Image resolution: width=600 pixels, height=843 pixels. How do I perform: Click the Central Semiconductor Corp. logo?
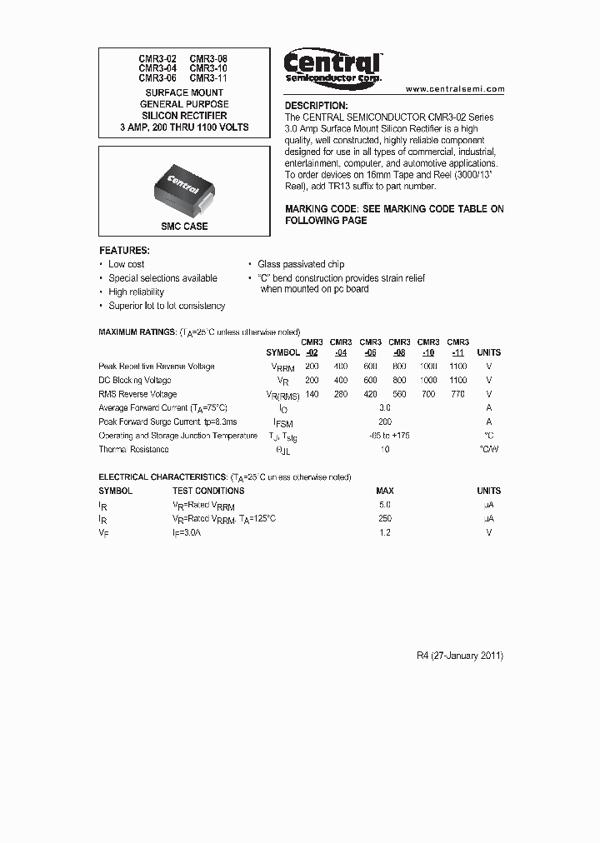click(332, 65)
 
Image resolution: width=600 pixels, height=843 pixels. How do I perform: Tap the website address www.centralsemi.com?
click(455, 88)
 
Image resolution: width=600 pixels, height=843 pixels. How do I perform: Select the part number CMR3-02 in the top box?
click(157, 59)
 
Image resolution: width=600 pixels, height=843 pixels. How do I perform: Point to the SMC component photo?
click(184, 184)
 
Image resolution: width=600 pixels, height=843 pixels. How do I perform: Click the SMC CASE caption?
click(184, 226)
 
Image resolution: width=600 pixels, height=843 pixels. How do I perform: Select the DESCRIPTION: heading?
click(316, 106)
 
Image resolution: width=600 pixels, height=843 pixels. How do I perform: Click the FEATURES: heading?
click(124, 250)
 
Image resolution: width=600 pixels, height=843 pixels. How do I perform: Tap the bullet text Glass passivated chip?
click(301, 264)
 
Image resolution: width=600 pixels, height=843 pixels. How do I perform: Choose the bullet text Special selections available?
click(162, 278)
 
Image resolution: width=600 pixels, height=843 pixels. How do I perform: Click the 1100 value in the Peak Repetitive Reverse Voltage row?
click(457, 367)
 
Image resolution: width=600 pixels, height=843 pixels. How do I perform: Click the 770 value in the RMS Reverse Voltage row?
click(457, 394)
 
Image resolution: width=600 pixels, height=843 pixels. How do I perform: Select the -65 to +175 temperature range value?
click(385, 436)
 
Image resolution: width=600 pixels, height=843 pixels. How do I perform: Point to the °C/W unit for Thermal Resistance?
click(488, 450)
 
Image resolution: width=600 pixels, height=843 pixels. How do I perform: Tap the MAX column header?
click(384, 491)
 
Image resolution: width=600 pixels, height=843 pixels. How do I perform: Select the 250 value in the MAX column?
click(384, 518)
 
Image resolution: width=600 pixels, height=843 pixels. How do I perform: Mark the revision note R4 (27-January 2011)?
click(460, 656)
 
